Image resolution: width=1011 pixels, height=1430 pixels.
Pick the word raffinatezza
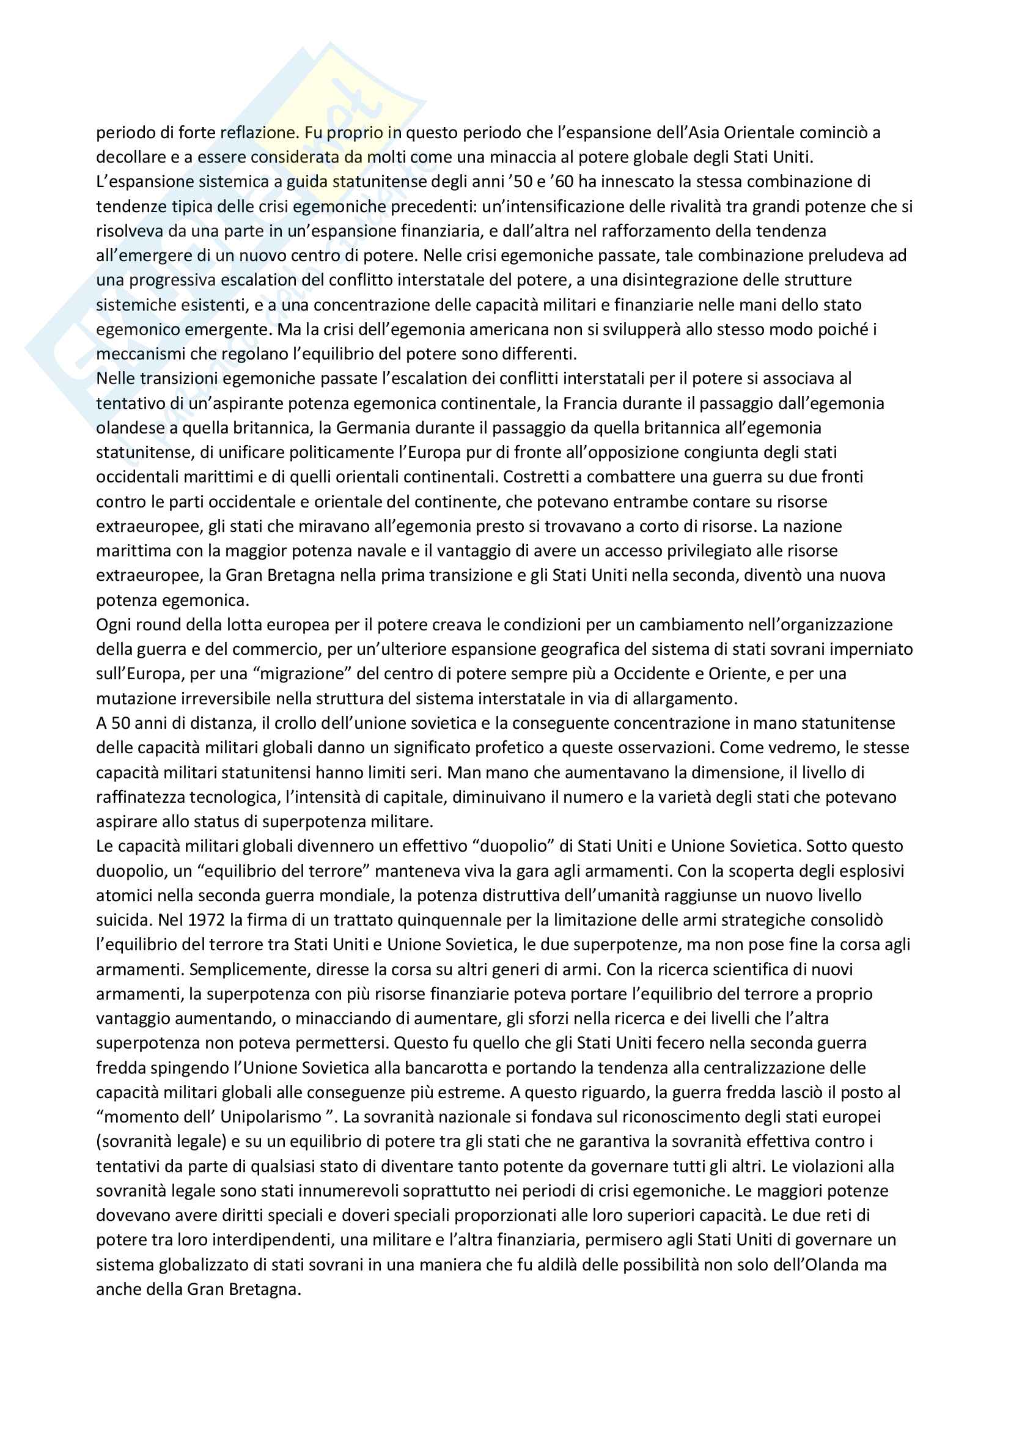pos(140,797)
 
